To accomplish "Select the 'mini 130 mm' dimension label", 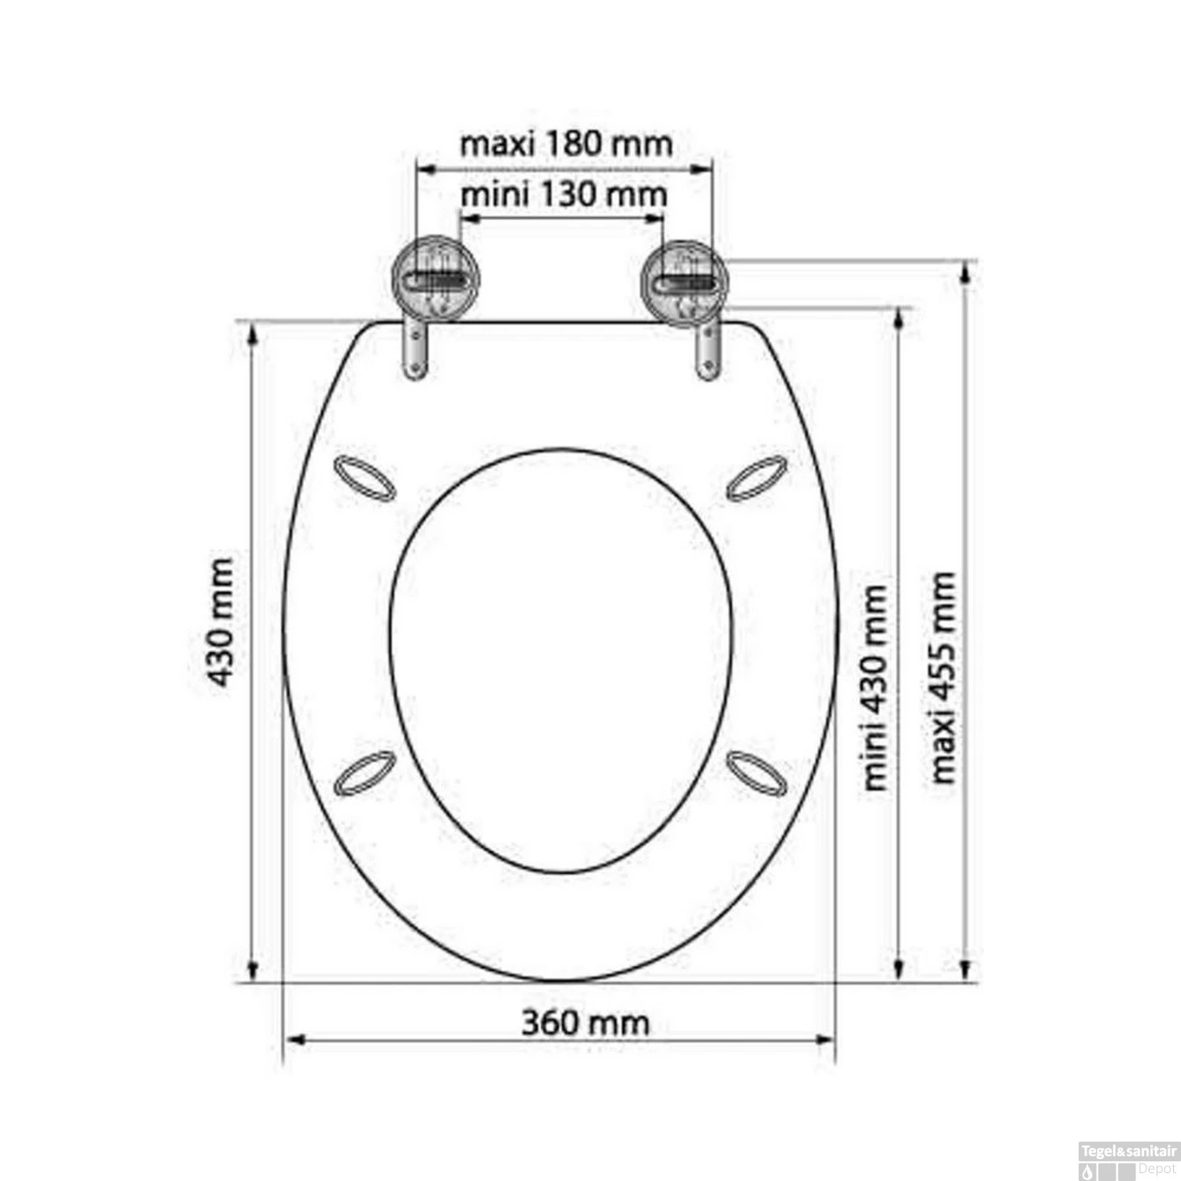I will point(563,194).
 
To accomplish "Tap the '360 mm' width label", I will point(586,1023).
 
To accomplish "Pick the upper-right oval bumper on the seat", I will point(756,477).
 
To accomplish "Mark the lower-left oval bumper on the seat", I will point(364,772).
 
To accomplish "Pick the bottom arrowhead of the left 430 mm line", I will point(254,969).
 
